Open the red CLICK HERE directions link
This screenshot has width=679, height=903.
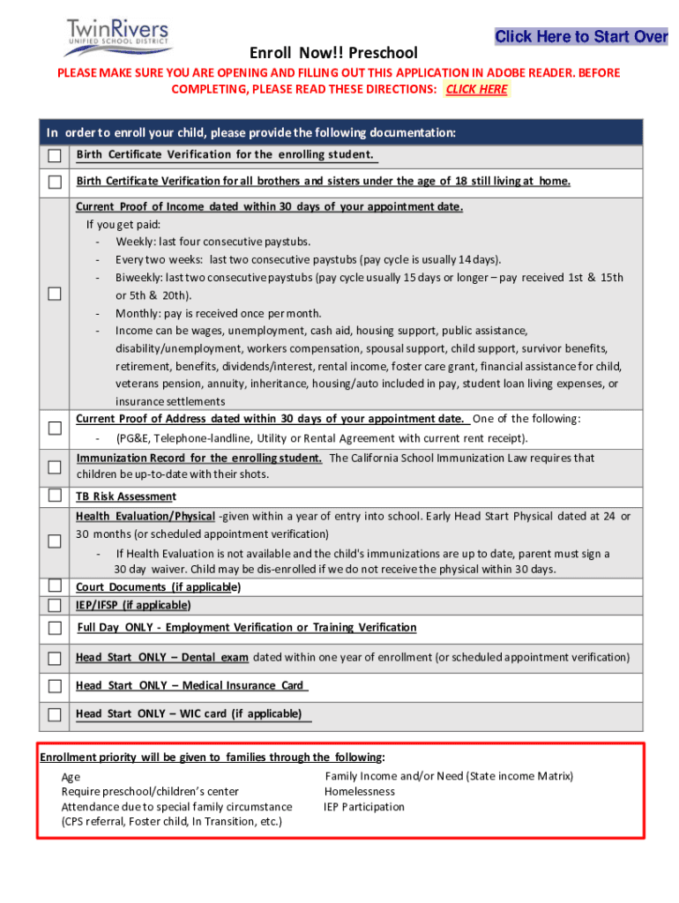(476, 89)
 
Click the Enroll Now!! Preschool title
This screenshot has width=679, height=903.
(333, 53)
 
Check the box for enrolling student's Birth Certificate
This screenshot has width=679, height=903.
(55, 156)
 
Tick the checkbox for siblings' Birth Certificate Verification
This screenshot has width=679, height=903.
(55, 183)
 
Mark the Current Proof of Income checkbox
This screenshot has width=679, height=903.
(55, 294)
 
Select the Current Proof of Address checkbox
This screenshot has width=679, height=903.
(55, 428)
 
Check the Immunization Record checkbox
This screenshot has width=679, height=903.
(55, 466)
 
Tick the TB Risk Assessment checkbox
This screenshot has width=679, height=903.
(55, 496)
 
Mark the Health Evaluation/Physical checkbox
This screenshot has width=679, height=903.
(55, 541)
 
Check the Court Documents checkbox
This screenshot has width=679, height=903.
(55, 586)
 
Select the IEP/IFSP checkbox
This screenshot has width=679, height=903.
(55, 605)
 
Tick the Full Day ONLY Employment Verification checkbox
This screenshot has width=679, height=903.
(55, 628)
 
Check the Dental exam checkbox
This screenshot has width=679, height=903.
(55, 658)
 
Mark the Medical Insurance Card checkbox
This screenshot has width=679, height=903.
(55, 686)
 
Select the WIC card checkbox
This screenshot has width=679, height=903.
(55, 714)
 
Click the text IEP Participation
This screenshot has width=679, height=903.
(364, 807)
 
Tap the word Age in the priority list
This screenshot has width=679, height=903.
(71, 777)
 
